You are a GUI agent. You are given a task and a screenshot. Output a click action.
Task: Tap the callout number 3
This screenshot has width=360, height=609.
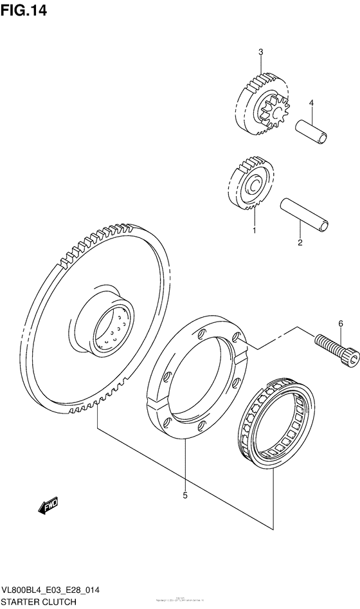(261, 52)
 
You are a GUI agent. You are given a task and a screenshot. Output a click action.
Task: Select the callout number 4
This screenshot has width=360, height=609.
(310, 103)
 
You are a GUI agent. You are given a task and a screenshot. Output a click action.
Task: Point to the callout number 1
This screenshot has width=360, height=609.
(254, 230)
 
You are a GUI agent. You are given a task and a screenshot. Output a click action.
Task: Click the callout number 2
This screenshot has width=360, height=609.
(300, 242)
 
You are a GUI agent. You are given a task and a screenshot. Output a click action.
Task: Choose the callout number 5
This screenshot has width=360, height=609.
(184, 495)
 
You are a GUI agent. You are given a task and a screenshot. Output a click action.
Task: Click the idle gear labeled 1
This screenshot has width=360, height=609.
(250, 184)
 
